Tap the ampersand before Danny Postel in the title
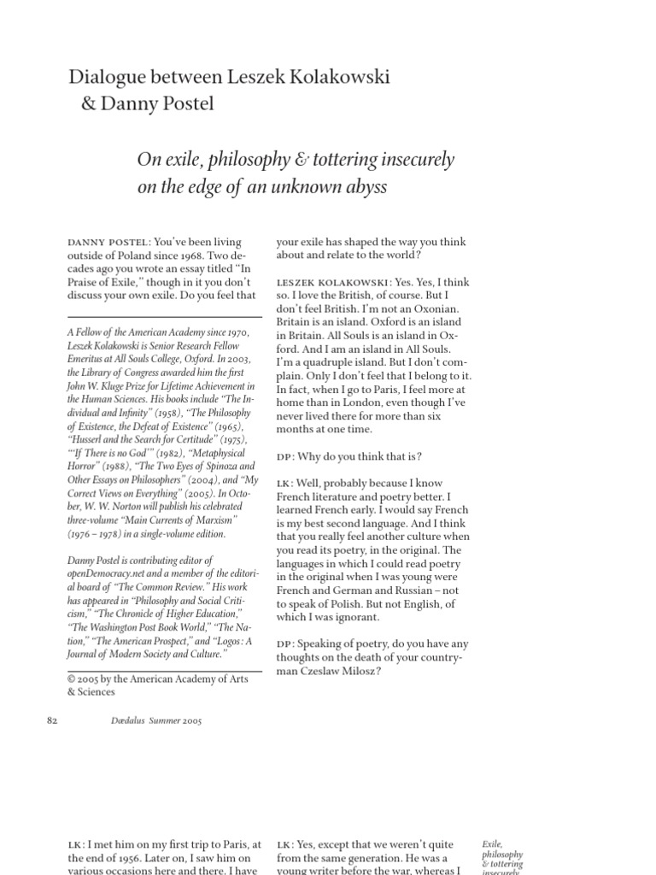coord(90,104)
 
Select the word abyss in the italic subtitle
coord(362,187)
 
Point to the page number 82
coord(50,720)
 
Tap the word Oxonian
coord(440,308)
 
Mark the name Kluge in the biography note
coord(111,385)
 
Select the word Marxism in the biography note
coord(208,520)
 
